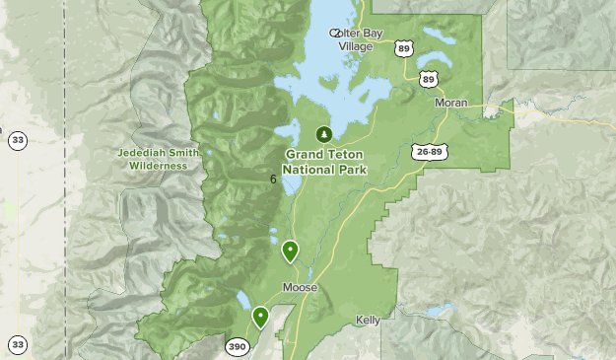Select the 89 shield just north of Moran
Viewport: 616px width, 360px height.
pyautogui.click(x=427, y=79)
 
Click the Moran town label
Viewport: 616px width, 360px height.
pyautogui.click(x=451, y=103)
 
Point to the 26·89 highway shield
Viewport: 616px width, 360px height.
pyautogui.click(x=430, y=151)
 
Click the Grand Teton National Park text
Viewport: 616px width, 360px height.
pyautogui.click(x=324, y=162)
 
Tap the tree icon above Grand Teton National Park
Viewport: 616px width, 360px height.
pyautogui.click(x=322, y=134)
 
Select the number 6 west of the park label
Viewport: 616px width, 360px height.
pyautogui.click(x=272, y=180)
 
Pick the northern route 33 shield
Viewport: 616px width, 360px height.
pyautogui.click(x=18, y=141)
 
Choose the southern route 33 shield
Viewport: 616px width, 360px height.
pyautogui.click(x=18, y=344)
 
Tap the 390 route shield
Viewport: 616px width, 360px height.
pyautogui.click(x=237, y=346)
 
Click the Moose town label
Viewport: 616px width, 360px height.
pyautogui.click(x=300, y=288)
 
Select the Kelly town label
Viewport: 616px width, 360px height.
pyautogui.click(x=368, y=321)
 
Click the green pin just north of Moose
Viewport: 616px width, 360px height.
pyautogui.click(x=290, y=251)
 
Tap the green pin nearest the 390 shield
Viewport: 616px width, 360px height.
pyautogui.click(x=260, y=317)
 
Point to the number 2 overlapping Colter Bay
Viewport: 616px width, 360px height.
pyautogui.click(x=336, y=33)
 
